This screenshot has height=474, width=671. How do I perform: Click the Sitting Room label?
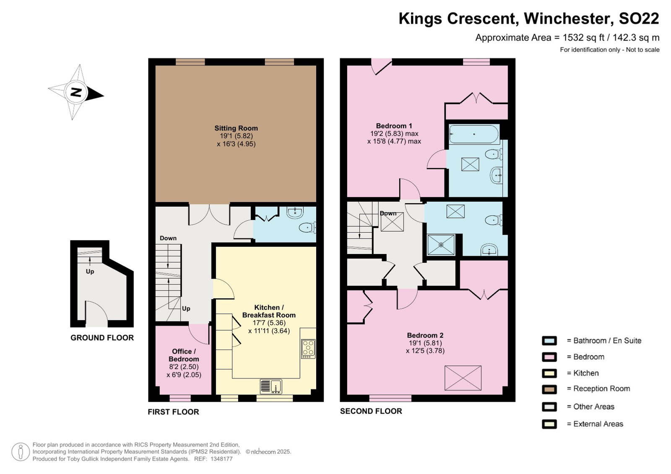click(x=236, y=128)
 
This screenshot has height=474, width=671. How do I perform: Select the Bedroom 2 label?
click(x=425, y=335)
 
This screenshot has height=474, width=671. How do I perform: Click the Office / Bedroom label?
click(x=184, y=355)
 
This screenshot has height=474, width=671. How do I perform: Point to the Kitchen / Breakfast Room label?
click(x=269, y=311)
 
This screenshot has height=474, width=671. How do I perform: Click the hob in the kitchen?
click(x=308, y=349)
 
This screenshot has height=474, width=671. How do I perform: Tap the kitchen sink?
click(x=271, y=386)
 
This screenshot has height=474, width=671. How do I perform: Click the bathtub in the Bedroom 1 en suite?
click(x=474, y=134)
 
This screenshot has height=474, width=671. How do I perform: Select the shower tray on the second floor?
click(x=441, y=245)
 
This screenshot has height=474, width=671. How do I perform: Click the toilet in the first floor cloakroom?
click(x=307, y=228)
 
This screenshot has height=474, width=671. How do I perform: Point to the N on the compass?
click(x=76, y=92)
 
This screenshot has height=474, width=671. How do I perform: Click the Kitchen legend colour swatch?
click(x=549, y=373)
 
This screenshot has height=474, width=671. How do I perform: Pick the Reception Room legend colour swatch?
click(x=549, y=389)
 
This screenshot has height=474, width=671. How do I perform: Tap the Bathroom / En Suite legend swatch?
click(x=549, y=341)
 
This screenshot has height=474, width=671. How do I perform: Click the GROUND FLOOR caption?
click(x=102, y=338)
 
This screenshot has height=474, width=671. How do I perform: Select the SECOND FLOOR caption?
click(x=371, y=411)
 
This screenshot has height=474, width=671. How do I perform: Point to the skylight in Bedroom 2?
click(x=463, y=378)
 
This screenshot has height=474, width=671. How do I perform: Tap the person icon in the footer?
click(x=21, y=452)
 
